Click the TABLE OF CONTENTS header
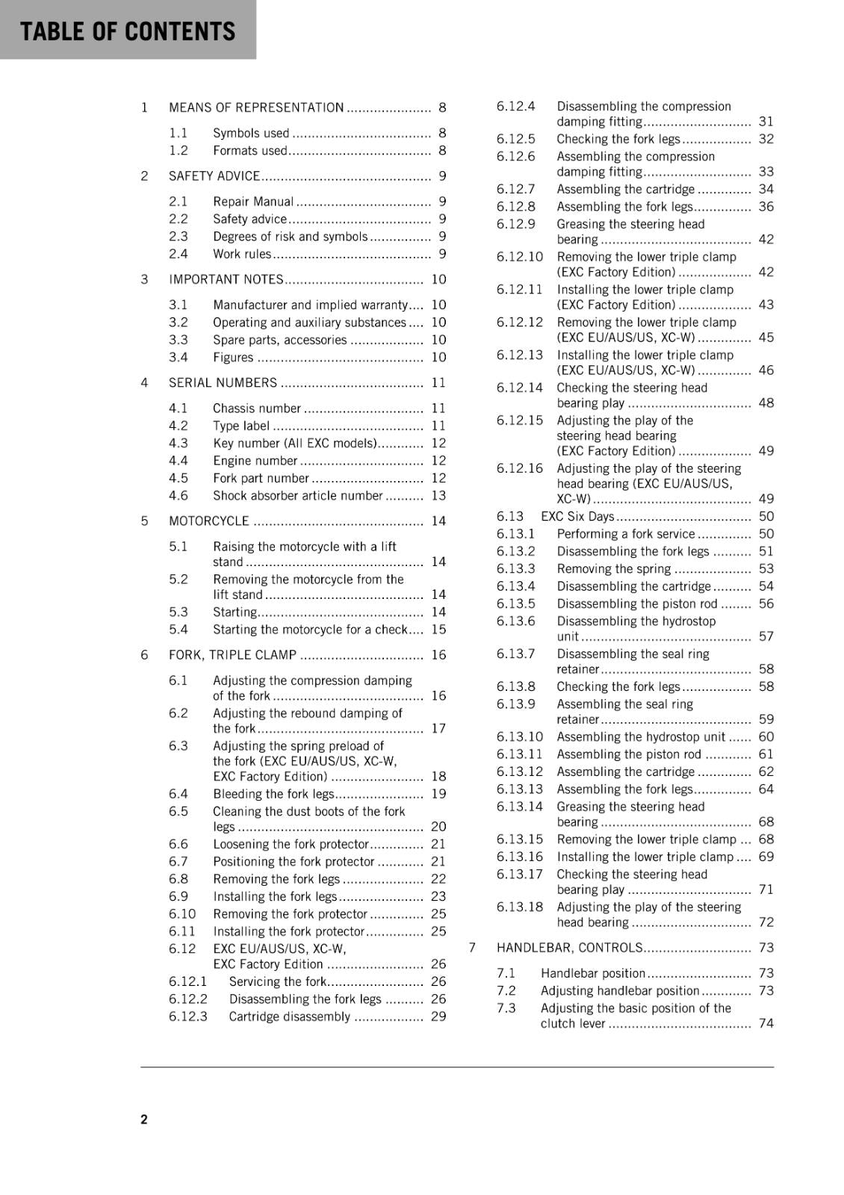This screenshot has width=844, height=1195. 128,31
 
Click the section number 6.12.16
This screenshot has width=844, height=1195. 520,468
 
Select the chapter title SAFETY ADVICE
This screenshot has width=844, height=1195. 214,176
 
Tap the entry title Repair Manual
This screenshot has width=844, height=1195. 253,202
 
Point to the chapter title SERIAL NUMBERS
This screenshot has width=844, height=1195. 223,383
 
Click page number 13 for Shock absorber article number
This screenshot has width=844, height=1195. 438,496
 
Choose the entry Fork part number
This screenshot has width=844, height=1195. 261,478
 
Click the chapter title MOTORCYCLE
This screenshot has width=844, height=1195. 209,521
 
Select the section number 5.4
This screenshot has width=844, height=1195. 179,630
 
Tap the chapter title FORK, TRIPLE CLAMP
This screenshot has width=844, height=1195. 232,655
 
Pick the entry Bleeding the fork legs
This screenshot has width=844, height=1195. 273,794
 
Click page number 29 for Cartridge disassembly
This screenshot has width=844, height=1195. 438,1016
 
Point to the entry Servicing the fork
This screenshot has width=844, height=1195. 278,982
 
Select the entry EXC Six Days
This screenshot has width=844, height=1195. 577,517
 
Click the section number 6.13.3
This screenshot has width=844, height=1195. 516,569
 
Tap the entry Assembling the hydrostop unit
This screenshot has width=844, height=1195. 641,737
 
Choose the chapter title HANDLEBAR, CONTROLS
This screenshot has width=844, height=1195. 569,948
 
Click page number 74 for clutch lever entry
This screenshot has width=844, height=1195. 766,1024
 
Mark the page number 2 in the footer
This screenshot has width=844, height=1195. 144,1119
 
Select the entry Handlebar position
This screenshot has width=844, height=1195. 593,974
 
